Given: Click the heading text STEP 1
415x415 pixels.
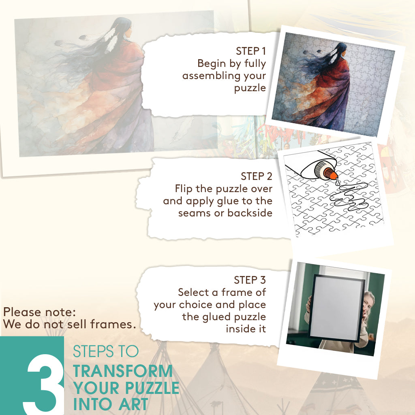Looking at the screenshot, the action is (x=250, y=51).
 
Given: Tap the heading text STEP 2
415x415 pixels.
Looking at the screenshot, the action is (x=257, y=176).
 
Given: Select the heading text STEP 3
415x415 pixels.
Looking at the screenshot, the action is (x=250, y=280).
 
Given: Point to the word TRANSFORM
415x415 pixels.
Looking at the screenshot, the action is (x=123, y=371).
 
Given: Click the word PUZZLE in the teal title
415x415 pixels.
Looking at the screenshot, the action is (x=152, y=388).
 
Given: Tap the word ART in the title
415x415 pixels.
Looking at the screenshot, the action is (x=133, y=404).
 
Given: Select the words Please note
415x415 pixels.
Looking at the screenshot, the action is (x=39, y=312).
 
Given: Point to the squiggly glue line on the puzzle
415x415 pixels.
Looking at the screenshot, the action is (x=349, y=197).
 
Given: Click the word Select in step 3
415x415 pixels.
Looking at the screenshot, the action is (x=194, y=293).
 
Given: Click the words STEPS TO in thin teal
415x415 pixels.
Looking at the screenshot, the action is (x=106, y=351).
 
